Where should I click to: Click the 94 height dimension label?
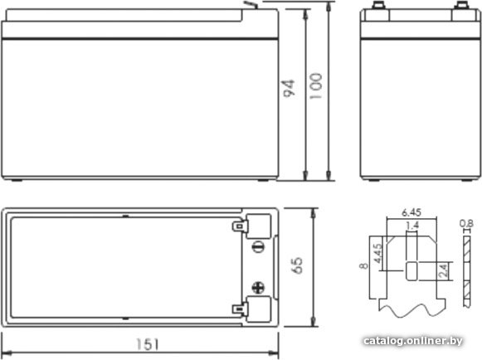289,89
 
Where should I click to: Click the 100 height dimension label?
316,86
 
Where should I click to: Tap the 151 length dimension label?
148,344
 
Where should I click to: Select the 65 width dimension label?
297,265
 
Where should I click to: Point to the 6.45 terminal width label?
411,212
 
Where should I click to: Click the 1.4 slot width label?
412,226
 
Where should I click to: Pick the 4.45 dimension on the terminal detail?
377,253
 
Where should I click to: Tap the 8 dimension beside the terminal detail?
363,265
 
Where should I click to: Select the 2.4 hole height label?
444,271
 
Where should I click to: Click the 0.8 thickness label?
466,223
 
